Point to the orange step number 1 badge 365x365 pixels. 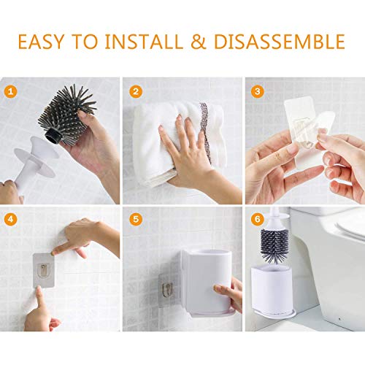(x=9, y=91)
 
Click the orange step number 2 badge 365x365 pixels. (x=136, y=91)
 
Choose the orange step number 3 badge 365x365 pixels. (x=258, y=91)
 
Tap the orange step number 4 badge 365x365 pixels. (x=9, y=218)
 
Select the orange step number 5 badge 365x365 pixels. (x=136, y=218)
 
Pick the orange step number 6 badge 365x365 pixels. (x=258, y=218)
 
